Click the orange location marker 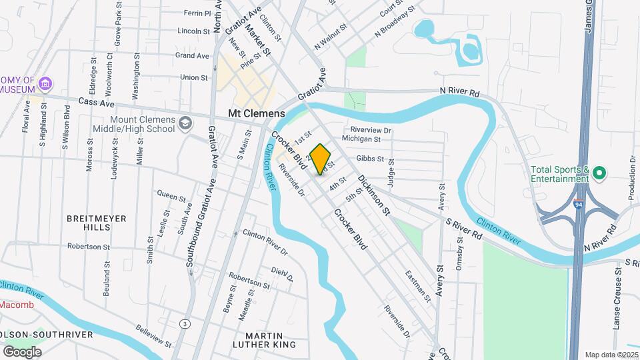click(321, 158)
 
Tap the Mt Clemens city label click(257, 113)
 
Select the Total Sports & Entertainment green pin click(599, 175)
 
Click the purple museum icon click(45, 84)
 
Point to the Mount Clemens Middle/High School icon click(185, 123)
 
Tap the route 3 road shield click(184, 323)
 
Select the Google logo click(22, 352)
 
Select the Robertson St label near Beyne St click(249, 280)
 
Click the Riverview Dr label click(371, 130)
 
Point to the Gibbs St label click(371, 159)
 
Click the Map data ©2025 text click(610, 355)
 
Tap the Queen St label click(171, 196)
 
